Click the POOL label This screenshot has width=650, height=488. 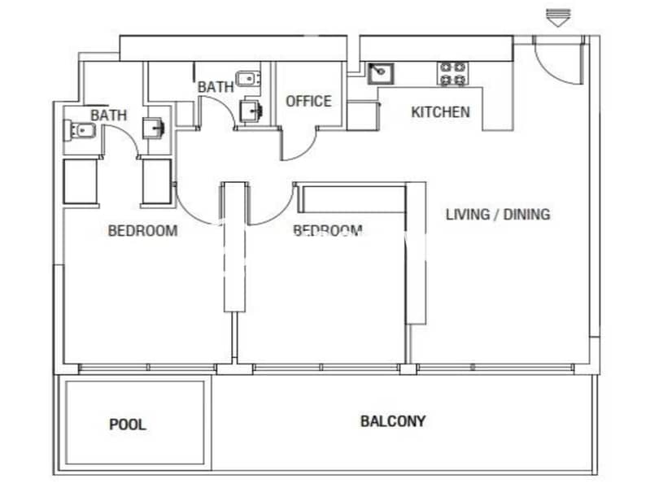[128, 425]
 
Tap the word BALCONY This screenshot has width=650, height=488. [393, 421]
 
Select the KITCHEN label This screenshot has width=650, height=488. [440, 112]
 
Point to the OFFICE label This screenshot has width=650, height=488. [309, 101]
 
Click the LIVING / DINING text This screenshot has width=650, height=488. [498, 215]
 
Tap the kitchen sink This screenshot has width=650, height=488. [381, 73]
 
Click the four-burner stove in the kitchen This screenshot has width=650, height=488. [452, 73]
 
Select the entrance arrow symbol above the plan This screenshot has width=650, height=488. [558, 17]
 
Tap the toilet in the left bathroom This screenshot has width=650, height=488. [80, 131]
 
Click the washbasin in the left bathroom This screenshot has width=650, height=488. [154, 129]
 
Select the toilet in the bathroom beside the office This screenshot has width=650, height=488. [248, 78]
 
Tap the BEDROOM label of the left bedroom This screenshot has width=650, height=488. [143, 230]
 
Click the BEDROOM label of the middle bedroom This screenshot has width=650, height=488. [328, 229]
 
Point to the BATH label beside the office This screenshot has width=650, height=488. [216, 87]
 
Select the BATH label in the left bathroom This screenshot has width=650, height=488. [109, 115]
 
